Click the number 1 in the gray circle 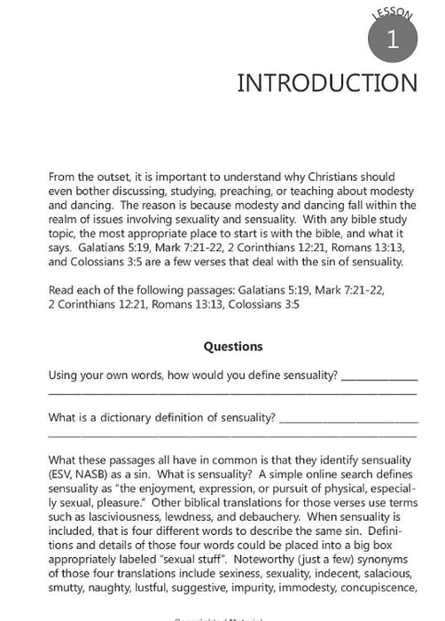click(391, 39)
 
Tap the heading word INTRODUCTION click(326, 83)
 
